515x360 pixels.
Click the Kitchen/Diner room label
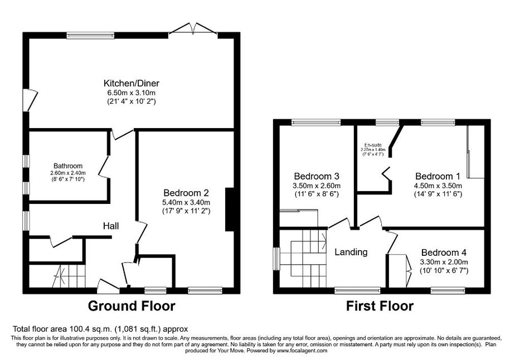(x=132, y=83)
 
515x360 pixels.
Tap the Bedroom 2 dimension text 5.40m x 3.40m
(x=186, y=202)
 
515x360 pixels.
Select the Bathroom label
(x=68, y=166)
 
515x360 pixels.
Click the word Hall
(x=111, y=226)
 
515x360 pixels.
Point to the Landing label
(x=351, y=252)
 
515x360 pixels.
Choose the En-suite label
(x=373, y=145)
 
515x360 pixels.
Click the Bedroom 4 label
(x=444, y=252)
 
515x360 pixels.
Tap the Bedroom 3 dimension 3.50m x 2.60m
(x=317, y=186)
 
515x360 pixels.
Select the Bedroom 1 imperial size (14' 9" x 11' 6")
(x=438, y=194)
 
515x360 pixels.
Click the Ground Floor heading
(x=132, y=306)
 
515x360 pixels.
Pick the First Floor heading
(x=380, y=306)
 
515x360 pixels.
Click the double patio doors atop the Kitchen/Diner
(x=193, y=29)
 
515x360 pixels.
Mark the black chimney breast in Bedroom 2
(x=229, y=210)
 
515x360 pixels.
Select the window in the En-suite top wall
(x=387, y=123)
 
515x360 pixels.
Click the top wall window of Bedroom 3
(x=316, y=123)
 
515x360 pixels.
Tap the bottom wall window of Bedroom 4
(x=448, y=291)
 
